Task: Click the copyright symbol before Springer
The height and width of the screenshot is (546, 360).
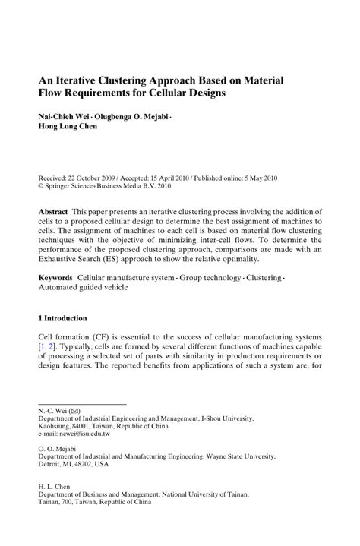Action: (x=41, y=185)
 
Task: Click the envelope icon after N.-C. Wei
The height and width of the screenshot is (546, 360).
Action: (x=74, y=410)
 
